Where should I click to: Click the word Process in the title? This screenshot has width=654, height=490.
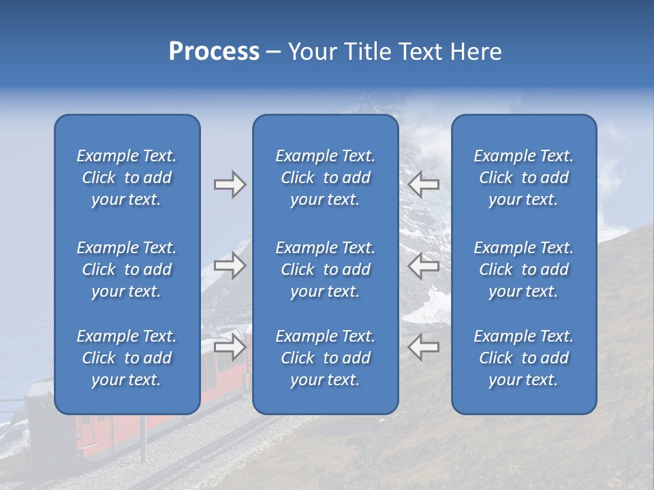coord(214,52)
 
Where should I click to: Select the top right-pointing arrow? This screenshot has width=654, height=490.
coord(230,184)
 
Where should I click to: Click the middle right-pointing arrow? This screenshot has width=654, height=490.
coord(230,265)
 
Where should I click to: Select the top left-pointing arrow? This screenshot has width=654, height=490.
coord(423,184)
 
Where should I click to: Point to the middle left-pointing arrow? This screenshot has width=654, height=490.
coord(423,265)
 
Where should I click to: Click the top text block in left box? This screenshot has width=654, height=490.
coord(127,178)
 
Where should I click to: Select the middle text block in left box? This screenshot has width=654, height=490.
coord(127,269)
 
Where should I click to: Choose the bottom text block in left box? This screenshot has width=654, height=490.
coord(127,358)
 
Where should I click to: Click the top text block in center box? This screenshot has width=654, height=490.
coord(325,178)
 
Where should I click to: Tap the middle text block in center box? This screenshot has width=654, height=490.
coord(325,269)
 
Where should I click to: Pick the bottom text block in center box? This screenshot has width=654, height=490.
coord(325,358)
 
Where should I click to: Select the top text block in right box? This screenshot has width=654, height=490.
coord(523,178)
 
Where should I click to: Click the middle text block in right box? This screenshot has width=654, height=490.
coord(523,269)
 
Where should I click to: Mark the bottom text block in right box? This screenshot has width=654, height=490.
coord(523,358)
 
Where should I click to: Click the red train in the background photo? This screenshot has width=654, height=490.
coord(109,436)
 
